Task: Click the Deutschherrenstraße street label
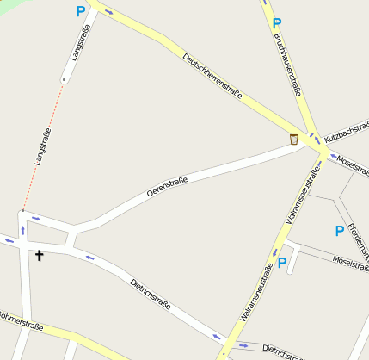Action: tap(212, 75)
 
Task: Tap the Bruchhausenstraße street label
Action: tap(287, 61)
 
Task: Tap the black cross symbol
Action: tap(39, 255)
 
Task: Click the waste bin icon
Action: tap(294, 140)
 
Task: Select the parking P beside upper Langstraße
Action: tap(81, 12)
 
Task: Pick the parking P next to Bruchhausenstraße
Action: tap(276, 23)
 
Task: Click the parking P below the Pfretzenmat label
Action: tap(339, 231)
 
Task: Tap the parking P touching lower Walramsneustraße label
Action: tap(282, 263)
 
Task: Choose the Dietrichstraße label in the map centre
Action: tap(151, 294)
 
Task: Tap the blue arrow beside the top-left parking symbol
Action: tap(108, 11)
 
